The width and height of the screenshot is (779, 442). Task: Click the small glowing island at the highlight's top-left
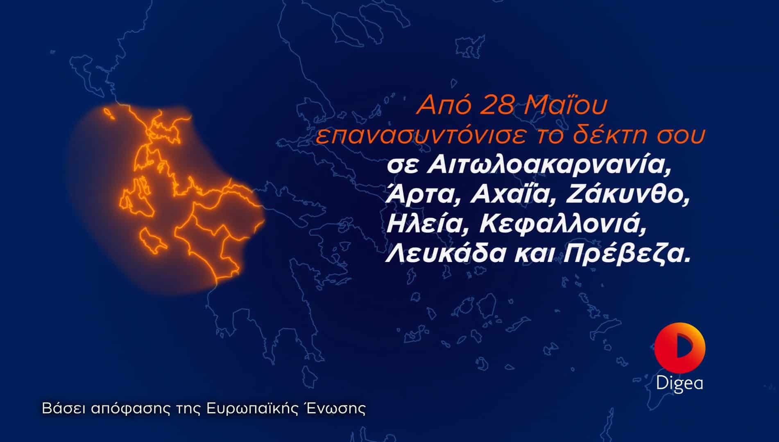[108, 113]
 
